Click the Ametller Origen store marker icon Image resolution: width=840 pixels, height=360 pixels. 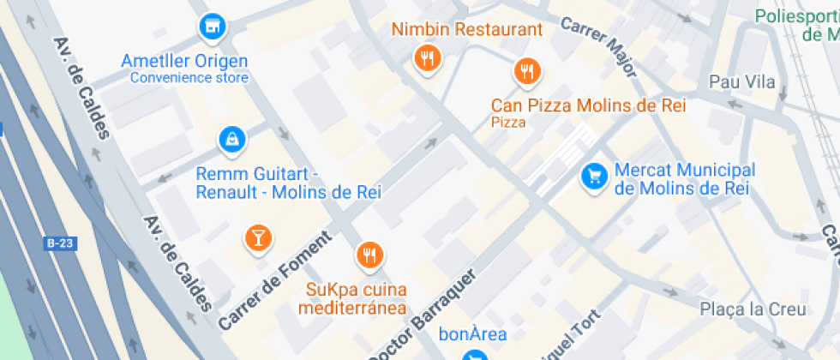coord(211,26)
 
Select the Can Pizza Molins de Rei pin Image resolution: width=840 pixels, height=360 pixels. coord(527,71)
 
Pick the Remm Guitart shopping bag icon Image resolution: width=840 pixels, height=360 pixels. coord(231,139)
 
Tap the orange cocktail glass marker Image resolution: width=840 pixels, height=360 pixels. coord(256,237)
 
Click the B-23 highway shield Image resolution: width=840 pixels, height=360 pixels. coord(61,244)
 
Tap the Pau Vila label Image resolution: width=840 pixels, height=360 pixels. coord(742,82)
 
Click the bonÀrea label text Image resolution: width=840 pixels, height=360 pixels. coord(472,334)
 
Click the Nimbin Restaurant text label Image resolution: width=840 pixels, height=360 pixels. coord(467,29)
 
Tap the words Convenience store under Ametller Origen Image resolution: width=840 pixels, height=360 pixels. coord(189,78)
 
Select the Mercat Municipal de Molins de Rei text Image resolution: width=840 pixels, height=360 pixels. coord(683,179)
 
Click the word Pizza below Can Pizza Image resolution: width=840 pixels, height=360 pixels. coord(508,123)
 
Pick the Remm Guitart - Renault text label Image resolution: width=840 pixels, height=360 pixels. coord(288,183)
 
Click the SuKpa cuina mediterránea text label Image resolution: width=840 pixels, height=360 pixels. coord(357,298)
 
